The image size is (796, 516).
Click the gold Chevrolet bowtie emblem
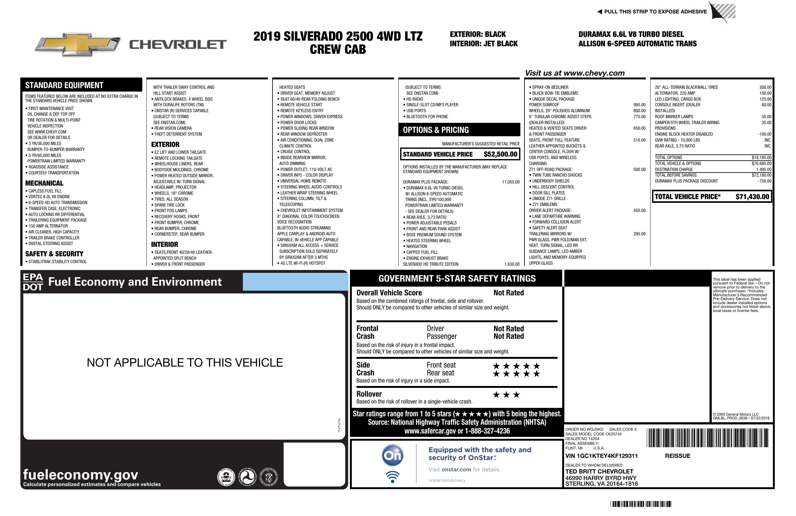(78, 44)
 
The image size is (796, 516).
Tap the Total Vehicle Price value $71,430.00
(752, 197)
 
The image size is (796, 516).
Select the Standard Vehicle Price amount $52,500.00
(500, 154)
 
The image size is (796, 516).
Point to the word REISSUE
(677, 456)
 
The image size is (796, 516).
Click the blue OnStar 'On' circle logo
(392, 455)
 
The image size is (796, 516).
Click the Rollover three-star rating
(506, 395)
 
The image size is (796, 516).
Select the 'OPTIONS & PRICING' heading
(435, 130)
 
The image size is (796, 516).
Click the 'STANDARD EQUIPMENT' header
(64, 85)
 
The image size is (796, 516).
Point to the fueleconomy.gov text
(81, 474)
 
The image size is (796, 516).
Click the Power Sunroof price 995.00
(639, 105)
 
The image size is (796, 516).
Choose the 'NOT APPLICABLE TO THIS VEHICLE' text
(184, 363)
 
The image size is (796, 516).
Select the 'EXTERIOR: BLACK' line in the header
(478, 34)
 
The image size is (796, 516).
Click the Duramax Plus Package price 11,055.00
(511, 182)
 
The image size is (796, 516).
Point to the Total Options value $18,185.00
(761, 158)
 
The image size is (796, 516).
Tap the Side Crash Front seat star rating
(516, 366)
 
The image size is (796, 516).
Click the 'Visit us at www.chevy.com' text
(575, 73)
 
